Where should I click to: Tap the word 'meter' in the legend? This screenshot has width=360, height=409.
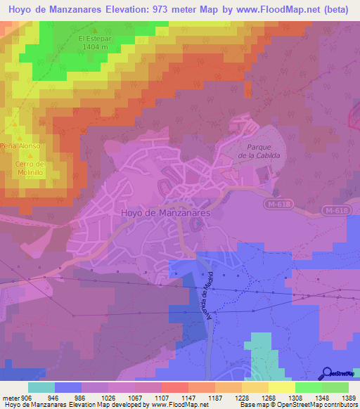pos(11,398)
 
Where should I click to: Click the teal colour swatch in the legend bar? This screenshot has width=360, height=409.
pos(41,387)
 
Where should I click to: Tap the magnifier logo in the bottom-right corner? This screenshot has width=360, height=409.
pos(327,372)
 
